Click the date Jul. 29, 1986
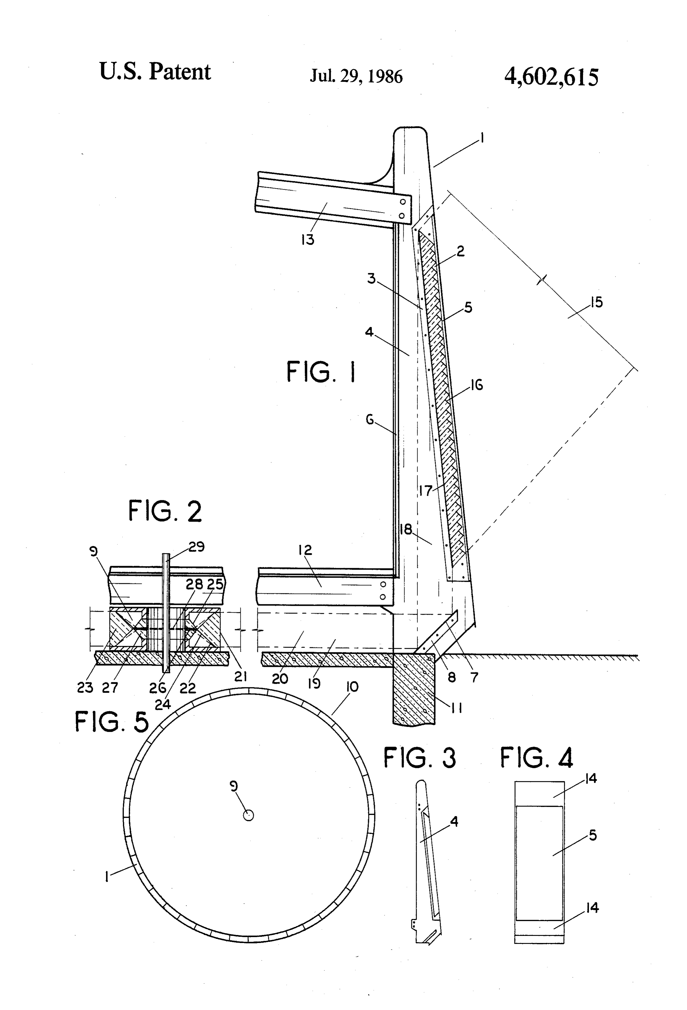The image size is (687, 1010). [x=356, y=76]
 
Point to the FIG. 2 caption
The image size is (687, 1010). [x=165, y=511]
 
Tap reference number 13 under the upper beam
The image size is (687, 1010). [x=308, y=239]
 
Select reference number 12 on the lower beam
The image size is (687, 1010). [x=305, y=550]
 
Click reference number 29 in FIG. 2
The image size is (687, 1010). [x=196, y=546]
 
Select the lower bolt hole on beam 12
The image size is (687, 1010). [x=383, y=597]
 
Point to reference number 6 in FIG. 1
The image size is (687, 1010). [x=370, y=420]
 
